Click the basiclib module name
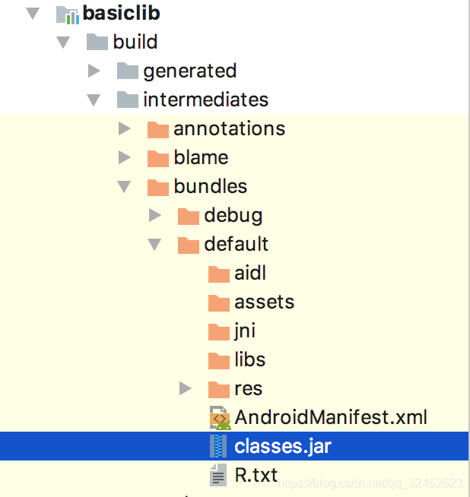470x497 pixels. pyautogui.click(x=121, y=13)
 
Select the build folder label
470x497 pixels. pyautogui.click(x=135, y=42)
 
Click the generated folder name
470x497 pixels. pyautogui.click(x=189, y=71)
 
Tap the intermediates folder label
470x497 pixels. pyautogui.click(x=205, y=100)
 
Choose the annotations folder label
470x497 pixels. pyautogui.click(x=229, y=128)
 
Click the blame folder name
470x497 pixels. pyautogui.click(x=201, y=157)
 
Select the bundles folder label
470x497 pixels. pyautogui.click(x=210, y=186)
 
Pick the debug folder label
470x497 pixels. pyautogui.click(x=233, y=215)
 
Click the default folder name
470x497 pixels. pyautogui.click(x=236, y=244)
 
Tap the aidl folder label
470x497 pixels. pyautogui.click(x=250, y=273)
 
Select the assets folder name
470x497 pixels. pyautogui.click(x=264, y=302)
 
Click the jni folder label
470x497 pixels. pyautogui.click(x=245, y=331)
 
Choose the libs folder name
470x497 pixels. pyautogui.click(x=249, y=359)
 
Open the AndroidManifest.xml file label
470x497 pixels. pyautogui.click(x=331, y=417)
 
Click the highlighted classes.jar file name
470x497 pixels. pyautogui.click(x=283, y=446)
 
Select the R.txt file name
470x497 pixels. pyautogui.click(x=256, y=476)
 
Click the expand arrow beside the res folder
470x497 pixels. pyautogui.click(x=186, y=388)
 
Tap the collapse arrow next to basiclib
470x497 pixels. pyautogui.click(x=32, y=14)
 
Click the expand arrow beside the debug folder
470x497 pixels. pyautogui.click(x=155, y=215)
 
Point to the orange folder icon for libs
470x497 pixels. pyautogui.click(x=218, y=360)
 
